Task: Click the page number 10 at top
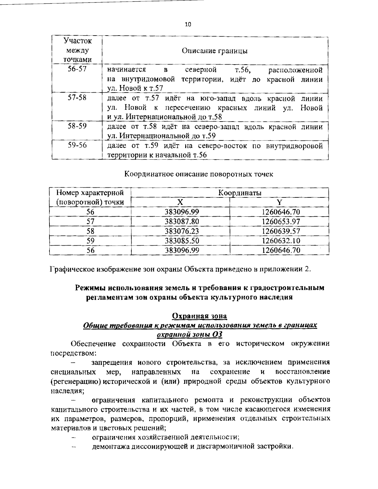(x=188, y=24)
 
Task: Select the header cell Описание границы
(x=215, y=51)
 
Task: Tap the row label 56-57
(x=77, y=69)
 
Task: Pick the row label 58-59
(x=77, y=126)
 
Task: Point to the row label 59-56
(x=77, y=145)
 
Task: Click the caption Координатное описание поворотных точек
(x=199, y=174)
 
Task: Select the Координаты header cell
(x=240, y=193)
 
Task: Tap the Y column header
(x=279, y=202)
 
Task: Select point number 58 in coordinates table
(x=90, y=231)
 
